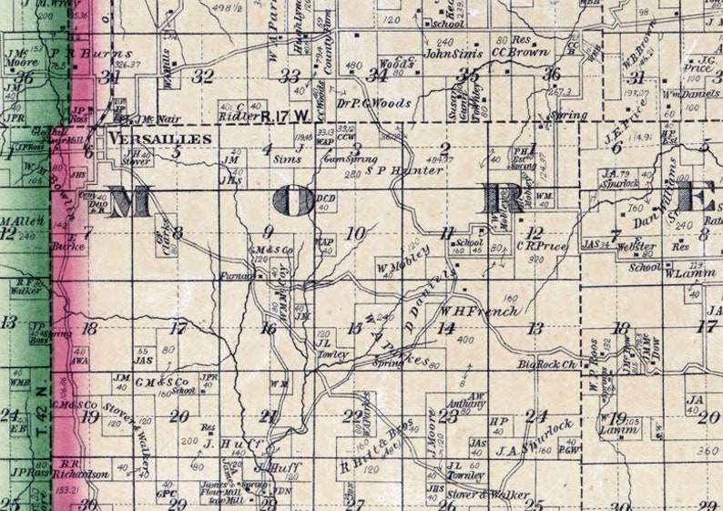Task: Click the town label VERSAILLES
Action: click(160, 138)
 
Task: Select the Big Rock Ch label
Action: click(549, 364)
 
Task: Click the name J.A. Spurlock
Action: click(535, 437)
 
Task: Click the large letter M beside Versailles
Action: click(129, 202)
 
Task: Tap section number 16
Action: click(268, 329)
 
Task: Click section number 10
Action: click(355, 232)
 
